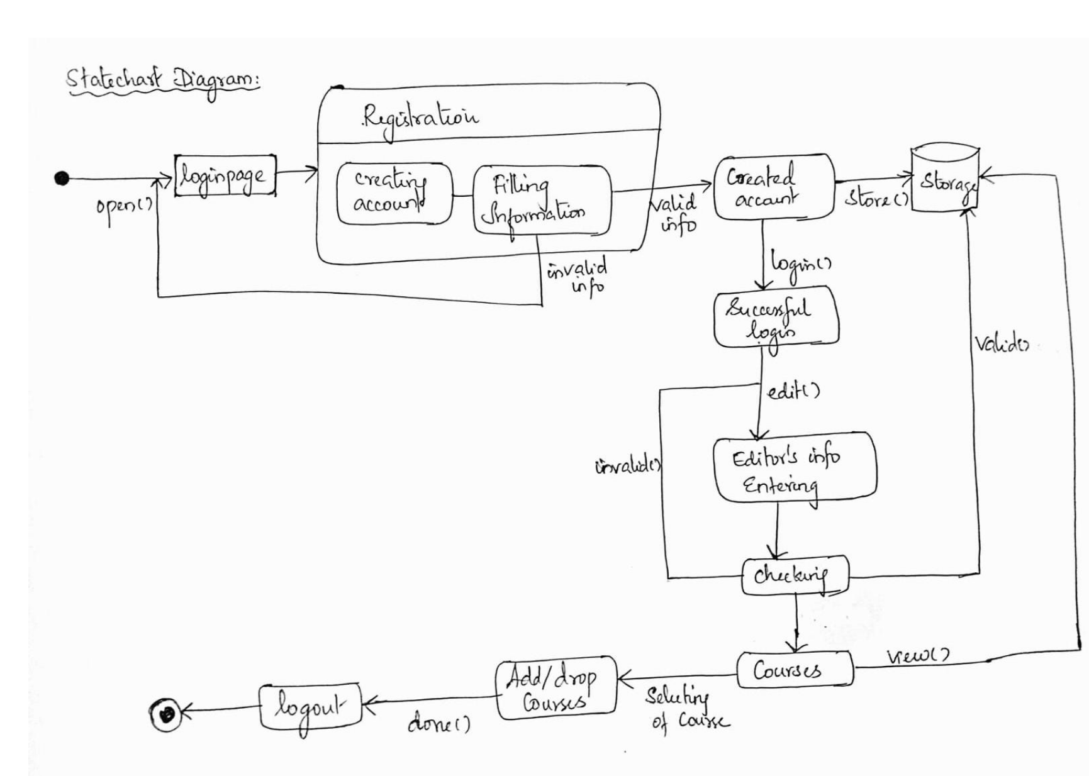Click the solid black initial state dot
[x=61, y=179]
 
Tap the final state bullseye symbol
[x=166, y=714]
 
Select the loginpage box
[x=225, y=176]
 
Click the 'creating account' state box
[x=394, y=194]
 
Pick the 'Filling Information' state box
[x=541, y=200]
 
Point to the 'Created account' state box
[x=773, y=187]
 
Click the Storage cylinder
[x=945, y=179]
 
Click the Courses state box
[x=795, y=670]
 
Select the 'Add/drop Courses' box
[x=556, y=689]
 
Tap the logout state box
[x=311, y=707]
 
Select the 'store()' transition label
[x=876, y=199]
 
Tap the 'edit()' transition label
[x=793, y=392]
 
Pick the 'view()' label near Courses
[x=918, y=656]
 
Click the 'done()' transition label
[x=439, y=724]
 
